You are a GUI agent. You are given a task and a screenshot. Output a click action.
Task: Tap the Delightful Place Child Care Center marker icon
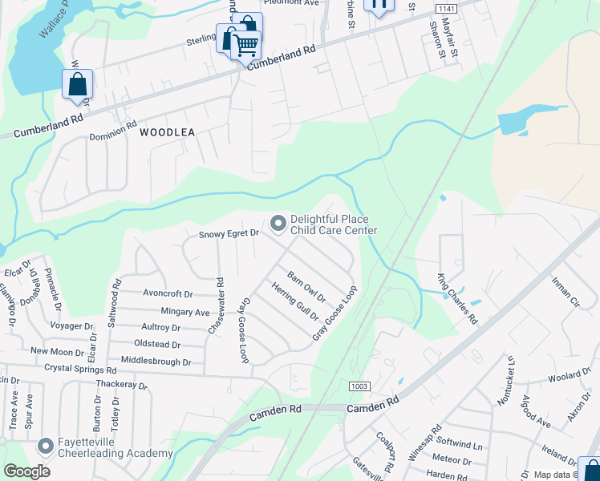[x=278, y=224]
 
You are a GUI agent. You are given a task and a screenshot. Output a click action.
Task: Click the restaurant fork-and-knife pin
[x=379, y=4]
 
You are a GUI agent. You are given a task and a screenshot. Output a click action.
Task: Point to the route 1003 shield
[x=359, y=386]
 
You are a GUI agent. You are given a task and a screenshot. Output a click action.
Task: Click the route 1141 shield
[x=447, y=7]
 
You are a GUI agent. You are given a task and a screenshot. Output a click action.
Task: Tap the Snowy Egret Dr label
[x=230, y=234]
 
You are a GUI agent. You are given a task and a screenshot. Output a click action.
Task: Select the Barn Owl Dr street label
[x=306, y=286]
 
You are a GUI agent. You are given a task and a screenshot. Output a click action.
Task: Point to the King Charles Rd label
[x=456, y=298]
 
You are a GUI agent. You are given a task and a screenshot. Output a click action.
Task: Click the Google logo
[x=26, y=471]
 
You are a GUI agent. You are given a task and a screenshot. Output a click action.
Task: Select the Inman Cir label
[x=566, y=292]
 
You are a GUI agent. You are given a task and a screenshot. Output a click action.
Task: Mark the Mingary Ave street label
[x=185, y=312]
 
